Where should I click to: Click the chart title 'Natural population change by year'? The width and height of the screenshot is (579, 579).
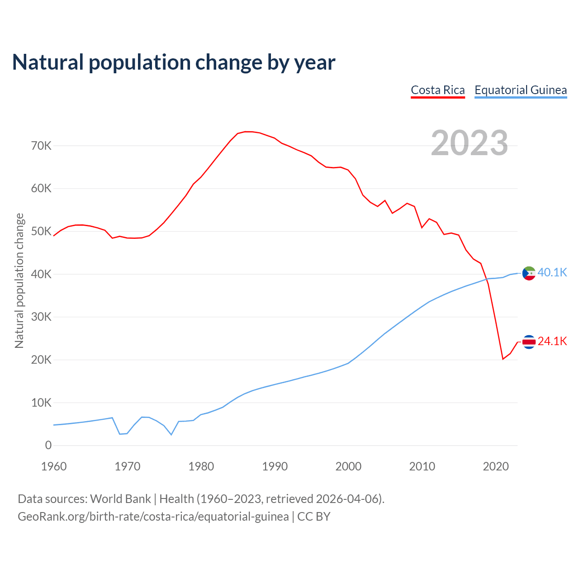click(174, 62)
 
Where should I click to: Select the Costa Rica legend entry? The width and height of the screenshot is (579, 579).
click(437, 90)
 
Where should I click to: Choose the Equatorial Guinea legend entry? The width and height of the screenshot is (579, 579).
click(520, 90)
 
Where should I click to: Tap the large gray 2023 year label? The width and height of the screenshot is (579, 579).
click(469, 143)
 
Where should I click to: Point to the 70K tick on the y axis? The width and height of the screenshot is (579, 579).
click(41, 146)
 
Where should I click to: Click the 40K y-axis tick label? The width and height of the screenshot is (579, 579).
click(41, 274)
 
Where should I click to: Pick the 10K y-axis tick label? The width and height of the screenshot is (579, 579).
click(41, 403)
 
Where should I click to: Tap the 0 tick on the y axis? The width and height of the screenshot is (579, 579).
click(48, 446)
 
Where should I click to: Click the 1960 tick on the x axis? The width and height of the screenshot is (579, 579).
click(54, 466)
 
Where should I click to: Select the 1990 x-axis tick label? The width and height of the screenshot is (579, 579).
click(275, 466)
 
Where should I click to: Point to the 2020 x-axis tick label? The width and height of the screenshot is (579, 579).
click(496, 466)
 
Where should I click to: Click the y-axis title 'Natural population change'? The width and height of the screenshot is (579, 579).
click(19, 280)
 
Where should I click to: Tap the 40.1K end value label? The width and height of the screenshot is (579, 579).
click(552, 272)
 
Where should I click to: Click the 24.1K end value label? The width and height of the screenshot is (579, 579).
click(552, 341)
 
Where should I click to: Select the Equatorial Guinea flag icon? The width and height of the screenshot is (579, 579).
click(529, 273)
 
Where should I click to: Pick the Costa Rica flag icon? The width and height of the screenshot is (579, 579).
click(529, 342)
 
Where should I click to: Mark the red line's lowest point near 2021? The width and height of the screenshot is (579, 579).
click(503, 359)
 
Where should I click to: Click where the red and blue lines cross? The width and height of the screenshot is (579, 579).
click(487, 279)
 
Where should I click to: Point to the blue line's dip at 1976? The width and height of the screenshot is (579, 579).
click(171, 435)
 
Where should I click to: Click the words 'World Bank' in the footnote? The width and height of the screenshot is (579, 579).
click(120, 499)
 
